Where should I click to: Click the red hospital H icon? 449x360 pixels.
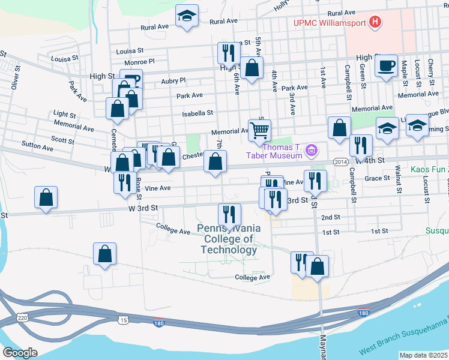376,23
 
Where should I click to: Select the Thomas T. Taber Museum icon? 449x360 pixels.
312,149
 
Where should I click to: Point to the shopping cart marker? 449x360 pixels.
259,130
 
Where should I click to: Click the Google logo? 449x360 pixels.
20,353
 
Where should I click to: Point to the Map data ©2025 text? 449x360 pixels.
423,355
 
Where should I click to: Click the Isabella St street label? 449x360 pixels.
198,113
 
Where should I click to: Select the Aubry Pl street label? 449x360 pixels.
174,80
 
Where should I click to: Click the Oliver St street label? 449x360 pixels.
16,81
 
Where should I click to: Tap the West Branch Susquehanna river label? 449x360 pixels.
403,338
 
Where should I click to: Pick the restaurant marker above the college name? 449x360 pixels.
229,214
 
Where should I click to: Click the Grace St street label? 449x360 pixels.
378,178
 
